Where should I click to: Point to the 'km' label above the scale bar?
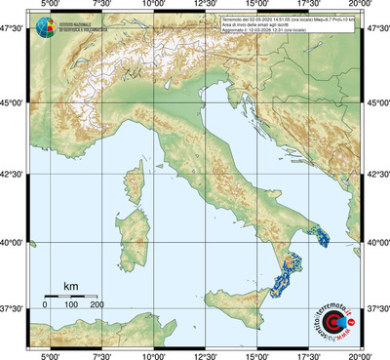click(x=70, y=286)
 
